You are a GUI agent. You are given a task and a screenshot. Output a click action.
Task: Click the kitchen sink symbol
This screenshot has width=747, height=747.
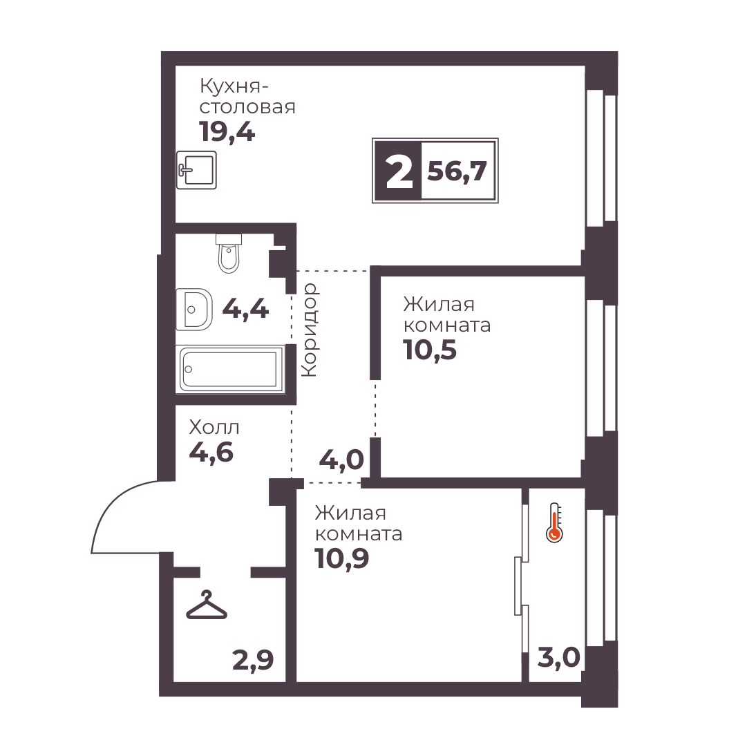point(196,169)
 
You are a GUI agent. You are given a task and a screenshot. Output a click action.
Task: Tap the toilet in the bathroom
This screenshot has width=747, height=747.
point(229,253)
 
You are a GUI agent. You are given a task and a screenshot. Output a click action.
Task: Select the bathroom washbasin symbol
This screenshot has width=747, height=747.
point(194,309)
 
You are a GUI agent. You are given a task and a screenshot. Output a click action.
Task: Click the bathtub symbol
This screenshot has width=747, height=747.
point(230,369)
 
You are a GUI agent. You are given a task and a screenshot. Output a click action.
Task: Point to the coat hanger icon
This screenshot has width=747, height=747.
point(207,605)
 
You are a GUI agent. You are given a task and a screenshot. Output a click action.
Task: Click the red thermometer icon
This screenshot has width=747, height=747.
point(554,522)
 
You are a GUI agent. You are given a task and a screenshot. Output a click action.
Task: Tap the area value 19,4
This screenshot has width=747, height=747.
point(227,132)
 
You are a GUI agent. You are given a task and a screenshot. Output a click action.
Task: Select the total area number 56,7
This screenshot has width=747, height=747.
point(457,171)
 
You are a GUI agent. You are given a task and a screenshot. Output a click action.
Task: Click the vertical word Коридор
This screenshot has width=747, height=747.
point(310,330)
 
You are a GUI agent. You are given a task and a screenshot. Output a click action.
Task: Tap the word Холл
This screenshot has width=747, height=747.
point(214,427)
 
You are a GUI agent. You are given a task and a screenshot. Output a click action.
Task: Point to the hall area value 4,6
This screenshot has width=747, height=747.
point(211,452)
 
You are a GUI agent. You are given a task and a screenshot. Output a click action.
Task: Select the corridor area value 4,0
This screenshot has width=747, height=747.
point(341,460)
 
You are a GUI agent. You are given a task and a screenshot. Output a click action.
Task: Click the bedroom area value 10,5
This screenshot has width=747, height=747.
point(430,350)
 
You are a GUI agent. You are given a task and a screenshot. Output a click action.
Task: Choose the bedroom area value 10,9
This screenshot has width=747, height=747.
point(341,558)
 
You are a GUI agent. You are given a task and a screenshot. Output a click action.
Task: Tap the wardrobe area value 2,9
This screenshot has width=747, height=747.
point(253,661)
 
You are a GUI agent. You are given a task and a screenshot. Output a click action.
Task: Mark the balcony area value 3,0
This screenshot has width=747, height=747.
point(559,658)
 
